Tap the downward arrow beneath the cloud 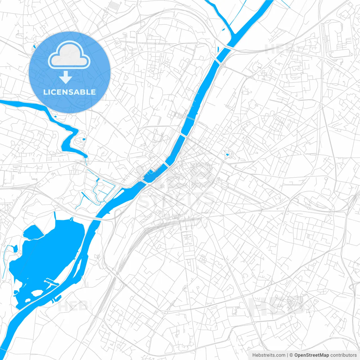[x=66, y=77]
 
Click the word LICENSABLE [x=69, y=92]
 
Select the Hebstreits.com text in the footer [x=269, y=355]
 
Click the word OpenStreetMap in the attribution [x=312, y=355]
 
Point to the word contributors [x=343, y=355]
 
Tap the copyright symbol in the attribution [x=291, y=355]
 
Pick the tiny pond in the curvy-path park [x=227, y=155]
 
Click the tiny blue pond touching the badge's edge [x=34, y=47]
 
